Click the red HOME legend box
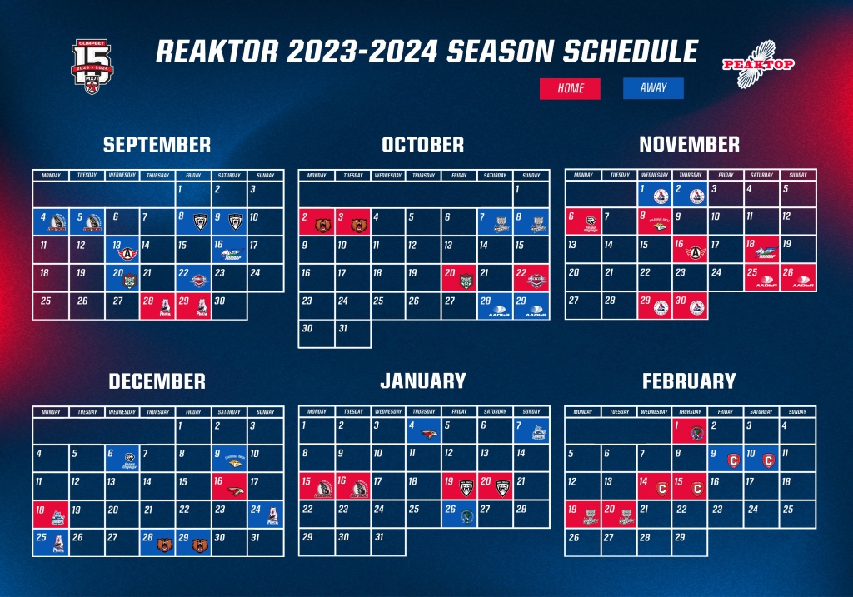click(570, 88)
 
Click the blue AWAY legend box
click(653, 88)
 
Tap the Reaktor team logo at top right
click(757, 63)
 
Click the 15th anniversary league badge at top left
click(91, 67)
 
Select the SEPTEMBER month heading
click(157, 145)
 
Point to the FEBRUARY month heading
click(689, 381)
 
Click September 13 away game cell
click(122, 249)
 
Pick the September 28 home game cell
click(157, 306)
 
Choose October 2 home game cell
click(317, 221)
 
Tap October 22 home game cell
click(531, 277)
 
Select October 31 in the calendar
click(352, 334)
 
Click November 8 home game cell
click(654, 221)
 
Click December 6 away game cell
click(122, 458)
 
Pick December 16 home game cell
click(229, 486)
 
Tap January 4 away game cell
click(424, 430)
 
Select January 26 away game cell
click(460, 515)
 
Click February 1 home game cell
click(689, 430)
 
